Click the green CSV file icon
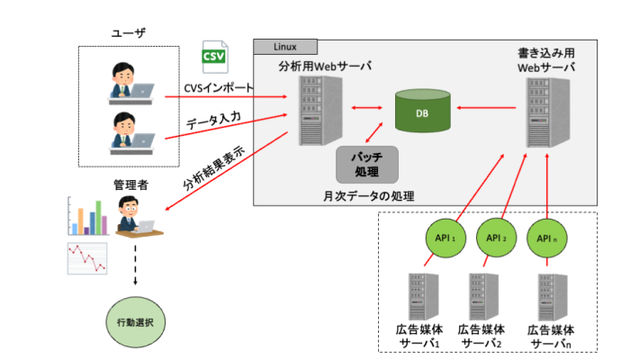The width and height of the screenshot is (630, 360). [213, 57]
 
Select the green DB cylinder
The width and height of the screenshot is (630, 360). [421, 112]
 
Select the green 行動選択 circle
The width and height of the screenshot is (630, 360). [131, 321]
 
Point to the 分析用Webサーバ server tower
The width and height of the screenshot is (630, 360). [311, 112]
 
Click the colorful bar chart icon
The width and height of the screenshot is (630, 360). [87, 216]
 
